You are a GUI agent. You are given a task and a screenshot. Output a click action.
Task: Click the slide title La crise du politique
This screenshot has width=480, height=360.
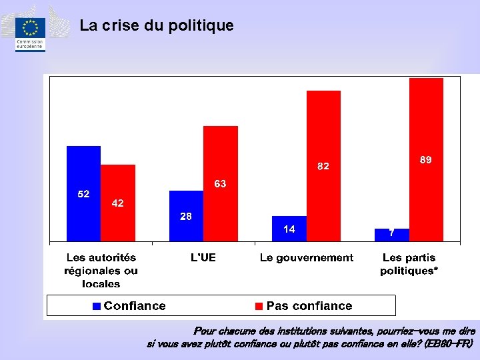tap(157, 25)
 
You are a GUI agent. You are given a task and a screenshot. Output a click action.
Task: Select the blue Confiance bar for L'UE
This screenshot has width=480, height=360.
tap(187, 216)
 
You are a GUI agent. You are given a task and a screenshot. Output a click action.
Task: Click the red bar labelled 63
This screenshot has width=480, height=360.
tap(221, 184)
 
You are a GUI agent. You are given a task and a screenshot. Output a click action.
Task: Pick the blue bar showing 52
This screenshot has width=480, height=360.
tap(83, 193)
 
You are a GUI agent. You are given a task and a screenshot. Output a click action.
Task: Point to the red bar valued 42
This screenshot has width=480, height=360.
tap(118, 203)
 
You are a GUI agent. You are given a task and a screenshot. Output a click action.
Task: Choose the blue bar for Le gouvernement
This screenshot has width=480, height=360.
tap(289, 229)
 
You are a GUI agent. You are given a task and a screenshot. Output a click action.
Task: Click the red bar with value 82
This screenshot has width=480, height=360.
tap(323, 166)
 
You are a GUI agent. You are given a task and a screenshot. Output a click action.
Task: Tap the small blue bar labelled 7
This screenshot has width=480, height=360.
tap(392, 235)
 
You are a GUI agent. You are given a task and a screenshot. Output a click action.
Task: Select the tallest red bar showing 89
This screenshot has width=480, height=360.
tap(426, 159)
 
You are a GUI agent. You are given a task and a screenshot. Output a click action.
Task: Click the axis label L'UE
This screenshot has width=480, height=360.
tap(203, 258)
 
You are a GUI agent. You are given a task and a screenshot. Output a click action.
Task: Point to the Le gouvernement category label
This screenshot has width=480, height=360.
tap(307, 258)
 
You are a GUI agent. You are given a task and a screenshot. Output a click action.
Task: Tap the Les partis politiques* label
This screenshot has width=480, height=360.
tap(409, 264)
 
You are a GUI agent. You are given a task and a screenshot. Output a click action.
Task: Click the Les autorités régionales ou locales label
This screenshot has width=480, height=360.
tap(101, 271)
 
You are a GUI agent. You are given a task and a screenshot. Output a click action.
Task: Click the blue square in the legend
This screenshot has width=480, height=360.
tap(97, 306)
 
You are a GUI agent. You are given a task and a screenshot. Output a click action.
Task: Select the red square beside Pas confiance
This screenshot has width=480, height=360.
tap(259, 306)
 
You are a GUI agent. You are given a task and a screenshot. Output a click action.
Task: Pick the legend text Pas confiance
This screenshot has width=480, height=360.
tap(309, 306)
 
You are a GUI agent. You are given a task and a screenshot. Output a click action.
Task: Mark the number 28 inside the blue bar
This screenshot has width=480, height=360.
tap(186, 217)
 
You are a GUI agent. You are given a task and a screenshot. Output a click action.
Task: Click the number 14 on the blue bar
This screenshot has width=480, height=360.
tap(289, 229)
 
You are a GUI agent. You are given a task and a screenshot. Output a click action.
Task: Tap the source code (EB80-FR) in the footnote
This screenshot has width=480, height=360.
tap(448, 344)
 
